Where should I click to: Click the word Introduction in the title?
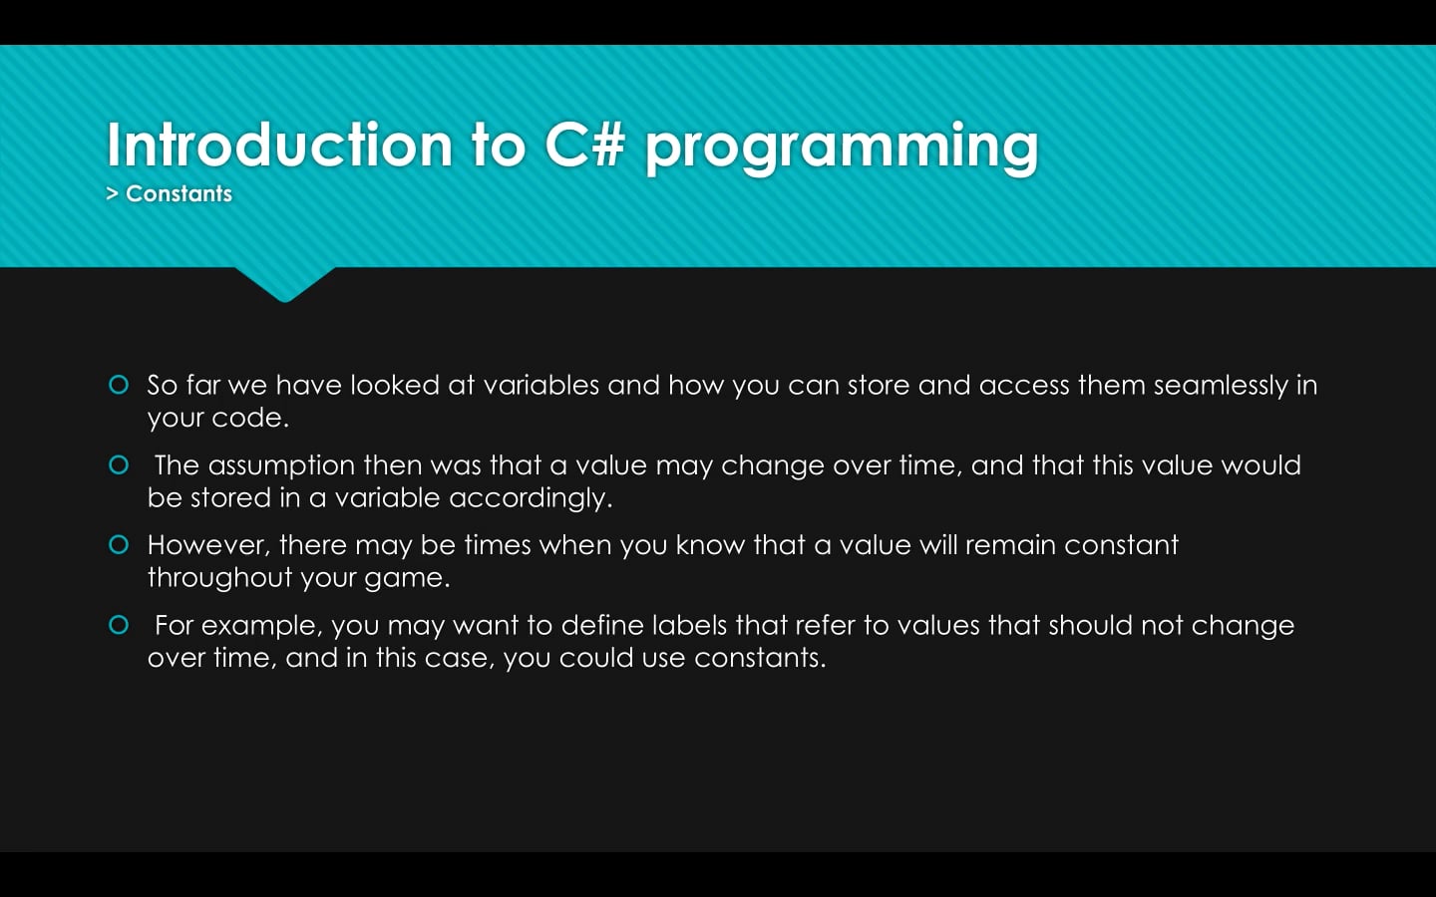279,145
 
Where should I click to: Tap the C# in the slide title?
584,145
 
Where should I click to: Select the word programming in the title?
841,148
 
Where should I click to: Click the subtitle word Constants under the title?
179,193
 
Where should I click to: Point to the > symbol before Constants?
113,193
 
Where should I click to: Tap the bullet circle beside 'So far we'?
119,385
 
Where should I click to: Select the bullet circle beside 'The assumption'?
119,465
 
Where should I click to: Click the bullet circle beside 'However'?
119,544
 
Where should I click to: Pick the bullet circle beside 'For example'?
119,625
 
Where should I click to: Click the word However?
208,545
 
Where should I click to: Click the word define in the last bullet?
601,625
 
